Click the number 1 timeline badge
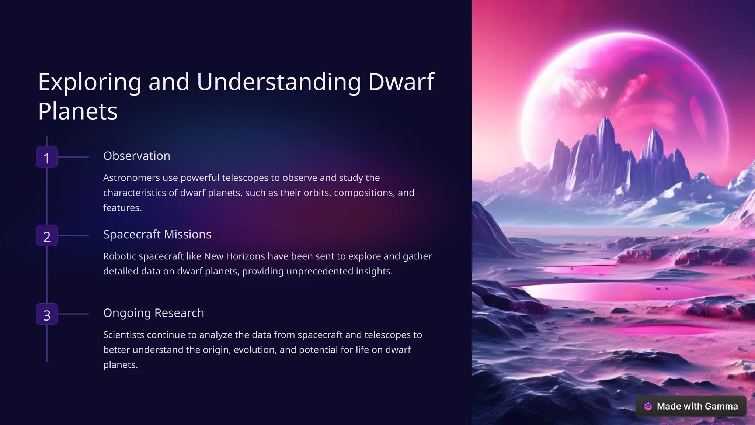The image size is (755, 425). [x=47, y=157]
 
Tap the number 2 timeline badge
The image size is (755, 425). [x=47, y=236]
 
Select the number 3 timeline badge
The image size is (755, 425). [x=47, y=314]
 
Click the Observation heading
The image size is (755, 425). [x=136, y=156]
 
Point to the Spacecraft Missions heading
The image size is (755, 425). [x=157, y=234]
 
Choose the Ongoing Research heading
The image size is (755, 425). [x=153, y=313]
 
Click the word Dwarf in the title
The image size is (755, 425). [x=401, y=82]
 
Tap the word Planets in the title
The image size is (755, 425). [x=78, y=111]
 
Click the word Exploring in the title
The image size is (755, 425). [x=90, y=82]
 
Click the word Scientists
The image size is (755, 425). [x=123, y=335]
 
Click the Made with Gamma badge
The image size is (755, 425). [x=691, y=406]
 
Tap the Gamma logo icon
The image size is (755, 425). [x=648, y=406]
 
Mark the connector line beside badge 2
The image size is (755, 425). [x=73, y=235]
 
